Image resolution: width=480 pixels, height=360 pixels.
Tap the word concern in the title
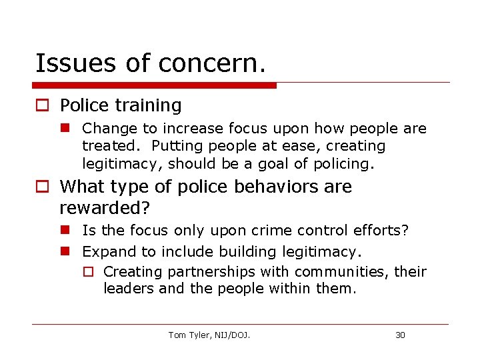click(213, 63)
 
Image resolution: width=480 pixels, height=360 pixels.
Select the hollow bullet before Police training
click(42, 106)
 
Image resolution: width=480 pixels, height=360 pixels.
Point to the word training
click(149, 105)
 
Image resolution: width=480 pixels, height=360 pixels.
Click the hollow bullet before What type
click(42, 187)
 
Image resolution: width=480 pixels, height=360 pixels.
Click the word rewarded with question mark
click(105, 207)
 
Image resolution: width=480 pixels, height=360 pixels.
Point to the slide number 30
click(400, 335)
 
